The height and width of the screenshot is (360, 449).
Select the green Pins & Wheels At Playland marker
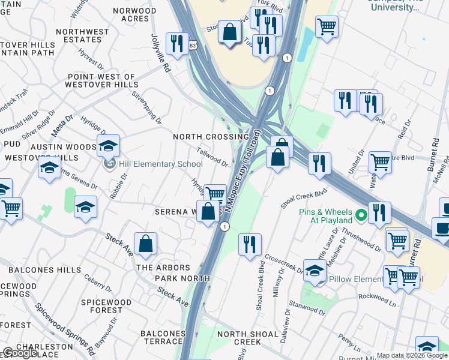coord(361,214)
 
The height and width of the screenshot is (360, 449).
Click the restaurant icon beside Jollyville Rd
coord(177,43)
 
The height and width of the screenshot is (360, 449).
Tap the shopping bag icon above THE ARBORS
coord(145,244)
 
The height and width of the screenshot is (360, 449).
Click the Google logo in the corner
coord(20,353)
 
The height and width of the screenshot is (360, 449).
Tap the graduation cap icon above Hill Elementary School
coord(108,146)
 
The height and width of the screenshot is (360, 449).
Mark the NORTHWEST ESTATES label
coord(85,35)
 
